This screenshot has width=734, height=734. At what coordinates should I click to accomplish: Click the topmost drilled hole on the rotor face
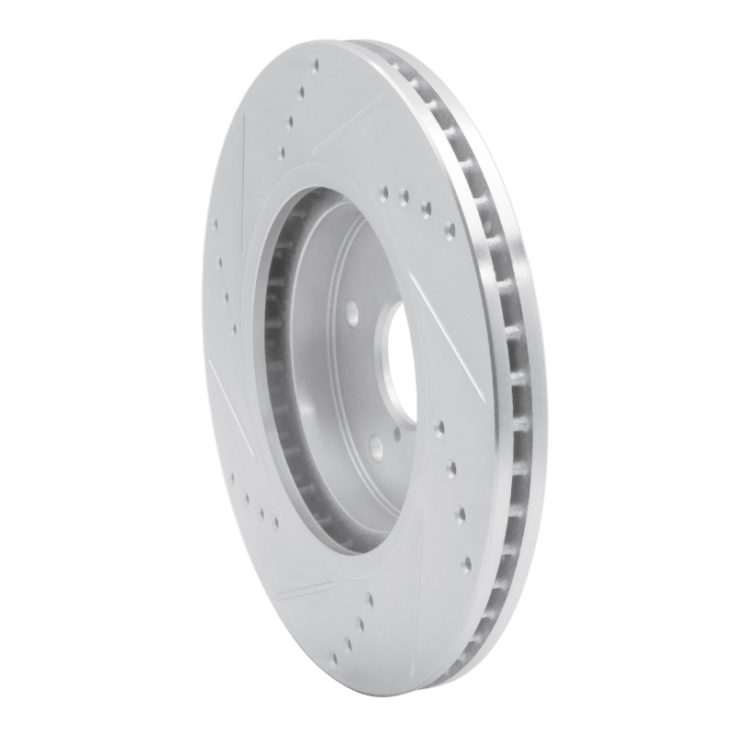click(x=316, y=66)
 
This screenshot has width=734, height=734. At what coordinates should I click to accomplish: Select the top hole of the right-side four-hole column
click(x=439, y=426)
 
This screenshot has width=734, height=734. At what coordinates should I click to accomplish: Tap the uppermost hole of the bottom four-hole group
click(x=369, y=597)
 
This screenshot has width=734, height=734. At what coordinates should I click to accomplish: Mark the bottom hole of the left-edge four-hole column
click(x=236, y=326)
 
